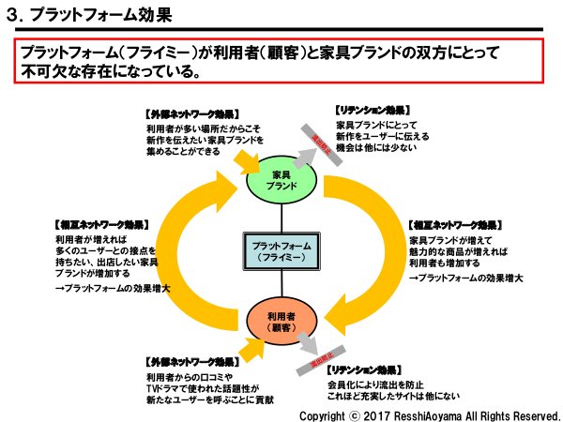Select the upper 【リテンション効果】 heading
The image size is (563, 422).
tap(374, 111)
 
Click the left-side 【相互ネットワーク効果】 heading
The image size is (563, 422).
tap(102, 226)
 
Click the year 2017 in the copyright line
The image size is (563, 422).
tap(374, 414)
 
